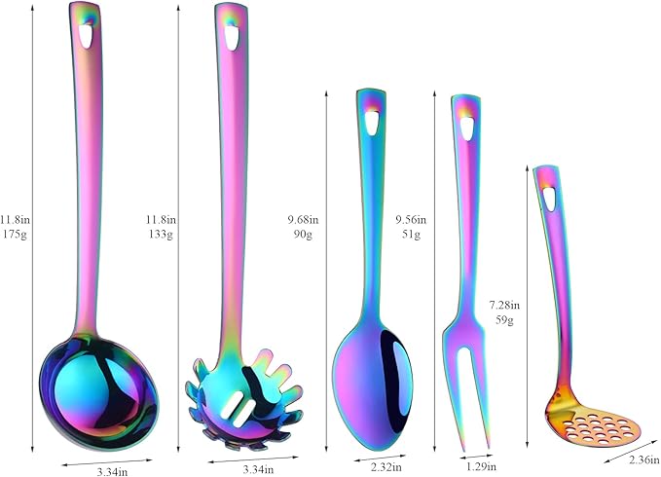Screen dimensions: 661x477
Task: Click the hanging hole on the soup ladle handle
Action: [86, 36]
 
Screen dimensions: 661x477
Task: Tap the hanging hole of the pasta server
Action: [231, 38]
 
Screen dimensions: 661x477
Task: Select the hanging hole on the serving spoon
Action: [372, 123]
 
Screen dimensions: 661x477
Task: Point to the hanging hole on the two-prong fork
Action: [466, 128]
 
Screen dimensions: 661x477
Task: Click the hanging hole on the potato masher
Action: [549, 199]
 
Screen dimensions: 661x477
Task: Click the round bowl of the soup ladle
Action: [99, 392]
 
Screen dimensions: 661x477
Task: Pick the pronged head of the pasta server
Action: [244, 399]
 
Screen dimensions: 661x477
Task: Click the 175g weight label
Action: [16, 235]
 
